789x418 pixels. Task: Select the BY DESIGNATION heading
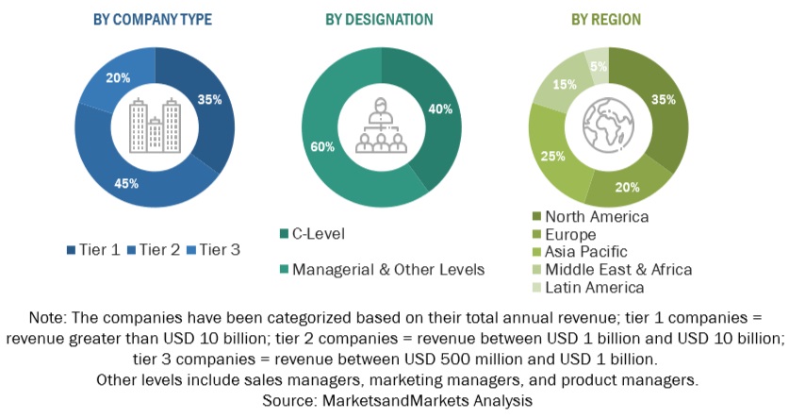(x=379, y=19)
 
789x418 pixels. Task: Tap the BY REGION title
(x=605, y=19)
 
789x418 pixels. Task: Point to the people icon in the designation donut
(x=380, y=127)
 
